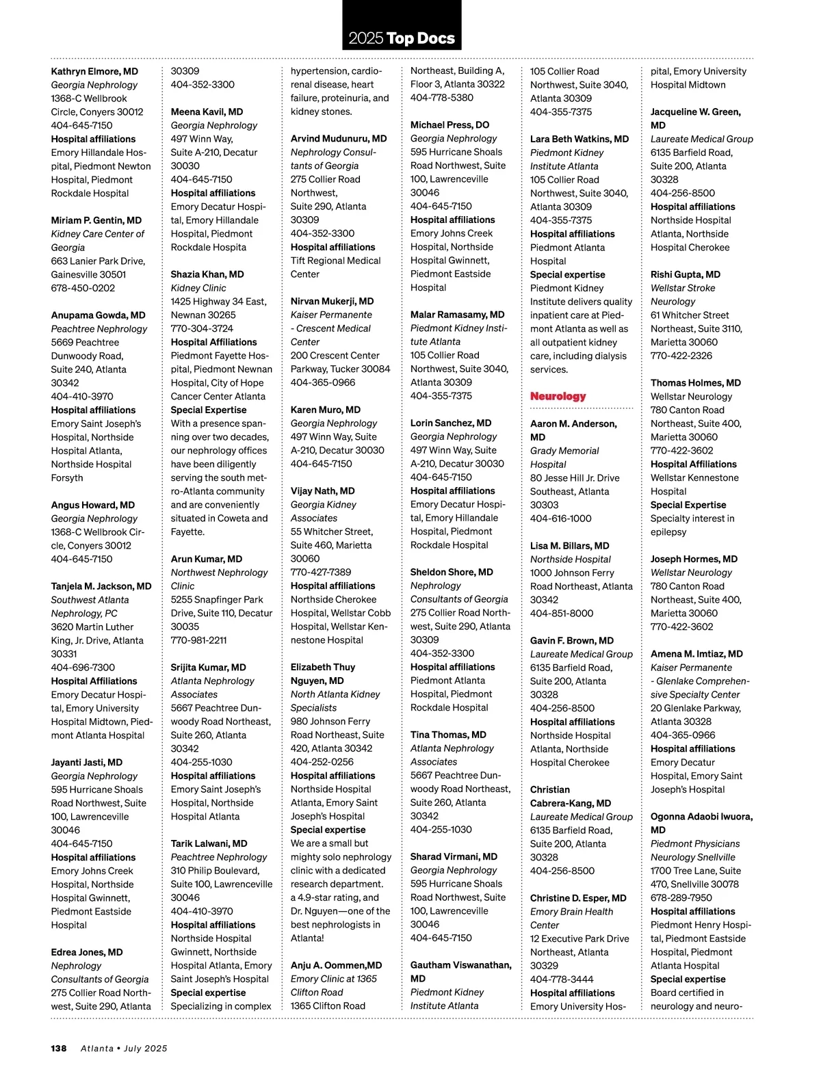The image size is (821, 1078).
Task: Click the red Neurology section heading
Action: click(558, 397)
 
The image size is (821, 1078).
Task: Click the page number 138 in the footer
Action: click(59, 1048)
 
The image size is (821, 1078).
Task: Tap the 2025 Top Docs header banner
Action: click(402, 38)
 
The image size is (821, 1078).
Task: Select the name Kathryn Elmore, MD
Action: click(94, 71)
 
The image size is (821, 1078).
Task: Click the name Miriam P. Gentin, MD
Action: click(96, 220)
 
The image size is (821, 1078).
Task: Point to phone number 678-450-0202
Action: click(83, 288)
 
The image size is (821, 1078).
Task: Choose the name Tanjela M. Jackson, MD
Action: click(101, 586)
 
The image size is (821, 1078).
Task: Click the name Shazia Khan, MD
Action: click(207, 274)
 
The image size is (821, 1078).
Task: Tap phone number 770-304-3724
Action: click(202, 328)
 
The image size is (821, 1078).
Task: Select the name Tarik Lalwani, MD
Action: click(209, 843)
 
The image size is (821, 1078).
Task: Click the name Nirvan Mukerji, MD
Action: click(332, 301)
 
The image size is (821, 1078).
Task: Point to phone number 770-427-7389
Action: click(321, 572)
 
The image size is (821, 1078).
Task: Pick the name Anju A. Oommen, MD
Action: click(336, 965)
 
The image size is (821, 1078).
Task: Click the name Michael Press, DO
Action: click(449, 125)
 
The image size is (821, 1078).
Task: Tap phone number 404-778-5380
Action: click(441, 98)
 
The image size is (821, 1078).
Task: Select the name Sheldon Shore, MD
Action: click(452, 572)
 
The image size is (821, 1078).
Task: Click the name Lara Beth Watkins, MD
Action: click(579, 139)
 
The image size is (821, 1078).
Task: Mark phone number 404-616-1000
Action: click(560, 518)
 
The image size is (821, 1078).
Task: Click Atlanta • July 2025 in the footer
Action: click(124, 1048)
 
